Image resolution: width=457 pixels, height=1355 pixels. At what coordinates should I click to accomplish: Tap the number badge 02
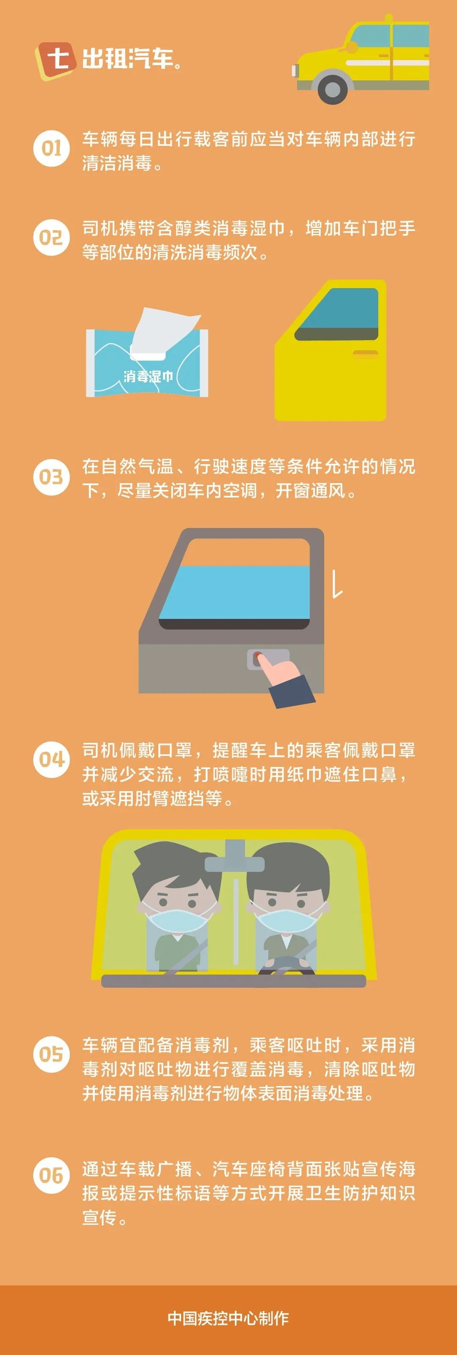tap(52, 238)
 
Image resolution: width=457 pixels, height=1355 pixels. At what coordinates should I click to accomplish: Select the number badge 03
tap(52, 477)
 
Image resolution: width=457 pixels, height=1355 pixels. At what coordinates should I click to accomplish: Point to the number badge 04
tap(52, 759)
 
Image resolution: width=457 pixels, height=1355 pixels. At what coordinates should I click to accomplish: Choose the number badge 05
tap(52, 1054)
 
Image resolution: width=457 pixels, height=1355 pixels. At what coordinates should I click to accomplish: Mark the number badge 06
tap(52, 1175)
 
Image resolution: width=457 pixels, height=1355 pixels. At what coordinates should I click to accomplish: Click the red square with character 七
tap(56, 58)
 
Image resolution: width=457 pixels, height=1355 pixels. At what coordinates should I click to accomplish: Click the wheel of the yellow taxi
tap(332, 88)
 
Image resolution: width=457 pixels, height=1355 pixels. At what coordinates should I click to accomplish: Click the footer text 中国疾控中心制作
tap(228, 1318)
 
